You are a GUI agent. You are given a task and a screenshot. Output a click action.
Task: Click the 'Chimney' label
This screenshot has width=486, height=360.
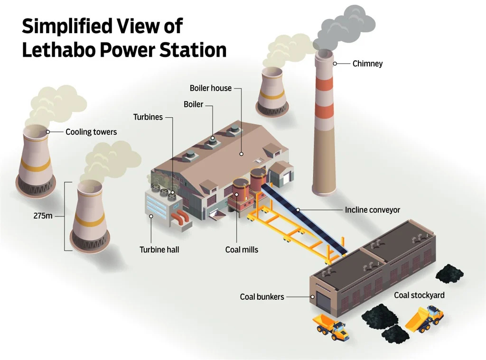[367, 64]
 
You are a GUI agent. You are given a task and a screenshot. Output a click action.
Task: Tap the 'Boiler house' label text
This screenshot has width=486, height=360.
[210, 88]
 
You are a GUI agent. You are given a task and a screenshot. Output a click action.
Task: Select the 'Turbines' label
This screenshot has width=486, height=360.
[148, 117]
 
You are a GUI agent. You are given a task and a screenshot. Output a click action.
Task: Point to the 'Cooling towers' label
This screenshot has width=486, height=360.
[91, 131]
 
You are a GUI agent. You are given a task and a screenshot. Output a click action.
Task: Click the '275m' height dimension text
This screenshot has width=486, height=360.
[43, 216]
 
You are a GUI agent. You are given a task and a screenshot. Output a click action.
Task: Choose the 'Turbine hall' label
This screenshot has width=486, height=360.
[159, 249]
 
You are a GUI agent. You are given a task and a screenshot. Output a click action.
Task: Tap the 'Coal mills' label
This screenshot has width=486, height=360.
[242, 249]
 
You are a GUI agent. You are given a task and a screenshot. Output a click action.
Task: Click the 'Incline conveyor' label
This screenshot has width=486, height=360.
[373, 210]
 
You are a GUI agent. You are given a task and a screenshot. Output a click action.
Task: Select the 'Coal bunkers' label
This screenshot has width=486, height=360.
[262, 297]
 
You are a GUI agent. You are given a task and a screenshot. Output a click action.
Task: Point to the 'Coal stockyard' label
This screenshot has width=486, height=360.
[419, 295]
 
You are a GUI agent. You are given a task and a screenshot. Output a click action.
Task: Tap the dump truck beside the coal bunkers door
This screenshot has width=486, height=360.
[331, 326]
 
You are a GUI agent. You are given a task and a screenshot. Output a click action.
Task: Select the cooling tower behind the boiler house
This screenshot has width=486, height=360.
[272, 92]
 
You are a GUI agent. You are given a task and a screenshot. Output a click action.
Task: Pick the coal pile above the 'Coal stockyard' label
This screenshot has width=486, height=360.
[449, 273]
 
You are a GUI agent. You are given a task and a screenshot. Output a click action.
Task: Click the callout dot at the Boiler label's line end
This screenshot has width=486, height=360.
[213, 138]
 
